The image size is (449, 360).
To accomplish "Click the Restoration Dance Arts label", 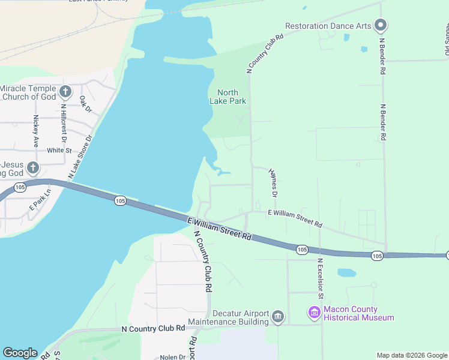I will (x=327, y=26).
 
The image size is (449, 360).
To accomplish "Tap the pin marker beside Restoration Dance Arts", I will (x=380, y=25).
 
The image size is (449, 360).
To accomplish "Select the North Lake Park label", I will (x=228, y=97).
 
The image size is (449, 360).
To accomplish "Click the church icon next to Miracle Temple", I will (x=66, y=92).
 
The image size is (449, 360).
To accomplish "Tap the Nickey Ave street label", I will (x=36, y=131).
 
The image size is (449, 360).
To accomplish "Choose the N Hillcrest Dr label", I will (x=63, y=122).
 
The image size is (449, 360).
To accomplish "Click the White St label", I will (x=59, y=151).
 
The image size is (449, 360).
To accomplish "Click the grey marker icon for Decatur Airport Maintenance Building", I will (x=277, y=316).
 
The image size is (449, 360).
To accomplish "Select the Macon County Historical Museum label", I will (x=358, y=313).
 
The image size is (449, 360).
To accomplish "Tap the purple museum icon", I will (x=314, y=312).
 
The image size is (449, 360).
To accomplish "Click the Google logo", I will (x=20, y=353).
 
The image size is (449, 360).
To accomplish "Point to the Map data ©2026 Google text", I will (x=411, y=355).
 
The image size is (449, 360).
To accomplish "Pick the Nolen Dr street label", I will (x=173, y=357).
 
